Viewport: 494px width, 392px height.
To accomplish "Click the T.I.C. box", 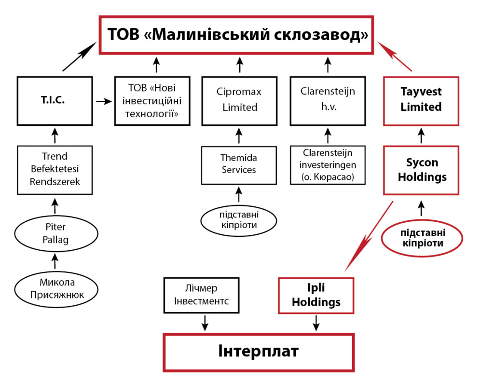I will [x=54, y=100].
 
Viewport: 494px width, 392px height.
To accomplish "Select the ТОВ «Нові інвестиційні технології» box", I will [x=151, y=100].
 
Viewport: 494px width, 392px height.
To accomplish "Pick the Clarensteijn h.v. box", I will [x=328, y=100].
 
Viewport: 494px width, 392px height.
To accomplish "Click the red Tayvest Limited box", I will [x=421, y=100].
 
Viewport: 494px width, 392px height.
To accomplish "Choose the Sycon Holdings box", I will [x=421, y=170].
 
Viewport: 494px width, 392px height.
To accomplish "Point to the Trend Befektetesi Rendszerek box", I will [x=55, y=169].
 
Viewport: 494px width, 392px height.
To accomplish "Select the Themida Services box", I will [x=239, y=164].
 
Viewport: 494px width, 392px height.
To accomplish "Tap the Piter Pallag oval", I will [x=56, y=233].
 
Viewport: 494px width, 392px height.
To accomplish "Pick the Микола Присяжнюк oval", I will [x=56, y=289].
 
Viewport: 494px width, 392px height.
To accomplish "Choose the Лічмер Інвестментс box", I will [x=201, y=295].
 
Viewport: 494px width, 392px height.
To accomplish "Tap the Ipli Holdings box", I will [x=316, y=295].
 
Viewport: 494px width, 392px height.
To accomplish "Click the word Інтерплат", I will [x=259, y=351].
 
